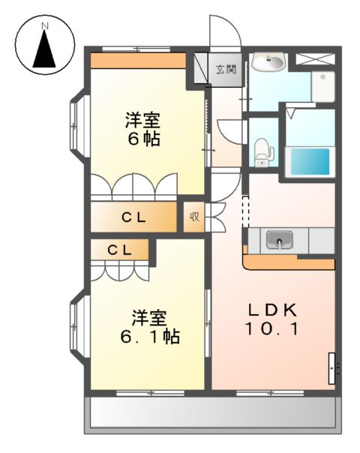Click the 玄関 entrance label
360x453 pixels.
tap(226, 70)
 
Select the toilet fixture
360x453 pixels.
tap(262, 152)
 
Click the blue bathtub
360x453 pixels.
tap(310, 160)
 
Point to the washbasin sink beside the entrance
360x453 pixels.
tap(267, 63)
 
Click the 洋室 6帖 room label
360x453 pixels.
tap(142, 129)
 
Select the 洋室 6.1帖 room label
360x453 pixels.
tap(148, 327)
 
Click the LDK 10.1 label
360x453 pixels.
tap(274, 319)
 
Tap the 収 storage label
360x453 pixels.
tap(193, 218)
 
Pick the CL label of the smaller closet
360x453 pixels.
tap(119, 250)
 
